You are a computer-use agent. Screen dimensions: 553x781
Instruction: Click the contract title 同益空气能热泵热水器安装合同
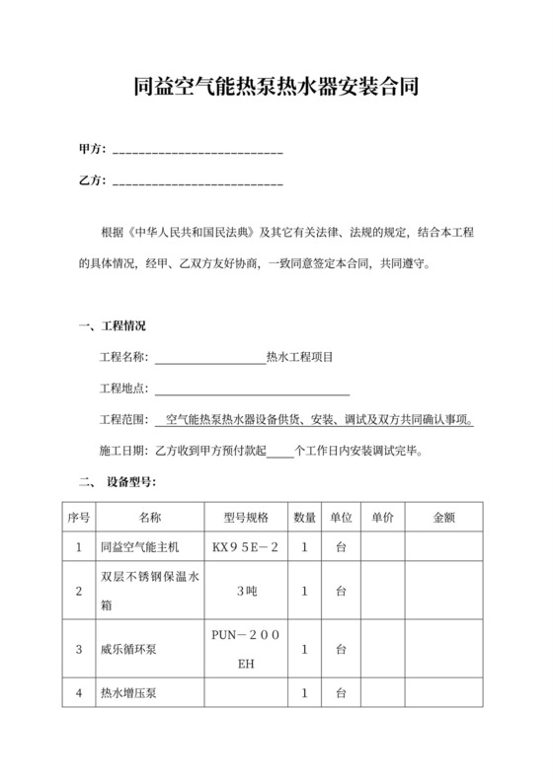click(276, 88)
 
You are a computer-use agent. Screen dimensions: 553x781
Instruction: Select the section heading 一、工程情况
click(111, 327)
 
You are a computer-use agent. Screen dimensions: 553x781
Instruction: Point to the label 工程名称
click(123, 358)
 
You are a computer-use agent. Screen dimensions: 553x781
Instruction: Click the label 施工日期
click(123, 451)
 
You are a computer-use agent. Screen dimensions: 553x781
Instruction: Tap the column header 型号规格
click(245, 517)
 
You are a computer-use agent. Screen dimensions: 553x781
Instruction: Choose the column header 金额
click(443, 517)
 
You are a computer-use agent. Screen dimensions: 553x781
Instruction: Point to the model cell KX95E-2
click(245, 546)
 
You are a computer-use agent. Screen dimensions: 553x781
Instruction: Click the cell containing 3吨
click(245, 591)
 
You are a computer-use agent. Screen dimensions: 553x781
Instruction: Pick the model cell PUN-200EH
click(245, 650)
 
